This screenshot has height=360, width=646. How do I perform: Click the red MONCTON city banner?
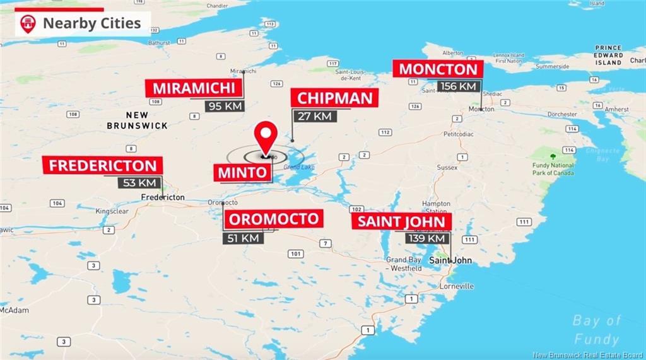click(438, 69)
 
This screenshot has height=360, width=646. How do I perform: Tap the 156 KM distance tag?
click(459, 86)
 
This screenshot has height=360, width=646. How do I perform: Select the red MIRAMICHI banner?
click(194, 88)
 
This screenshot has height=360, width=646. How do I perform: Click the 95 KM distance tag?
click(225, 105)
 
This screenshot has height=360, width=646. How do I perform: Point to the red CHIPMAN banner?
click(334, 98)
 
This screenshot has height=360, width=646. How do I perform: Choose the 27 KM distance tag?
click(314, 116)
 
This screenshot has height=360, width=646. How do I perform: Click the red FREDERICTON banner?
click(103, 166)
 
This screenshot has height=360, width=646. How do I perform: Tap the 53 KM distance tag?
click(139, 182)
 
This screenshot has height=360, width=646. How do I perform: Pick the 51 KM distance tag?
click(242, 238)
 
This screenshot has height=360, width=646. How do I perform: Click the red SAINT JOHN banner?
click(402, 221)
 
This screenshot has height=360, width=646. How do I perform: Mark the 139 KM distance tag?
click(426, 238)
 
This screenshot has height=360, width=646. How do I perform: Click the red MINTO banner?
click(242, 172)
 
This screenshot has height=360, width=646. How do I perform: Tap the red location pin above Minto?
click(266, 135)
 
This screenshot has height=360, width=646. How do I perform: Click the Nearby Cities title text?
click(91, 24)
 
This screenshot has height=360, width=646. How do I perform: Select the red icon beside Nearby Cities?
click(28, 24)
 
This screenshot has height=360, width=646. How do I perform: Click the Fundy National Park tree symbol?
click(553, 156)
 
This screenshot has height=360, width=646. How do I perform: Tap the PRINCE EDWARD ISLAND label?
click(608, 55)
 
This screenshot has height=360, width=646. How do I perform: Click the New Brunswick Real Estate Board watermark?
click(587, 354)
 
